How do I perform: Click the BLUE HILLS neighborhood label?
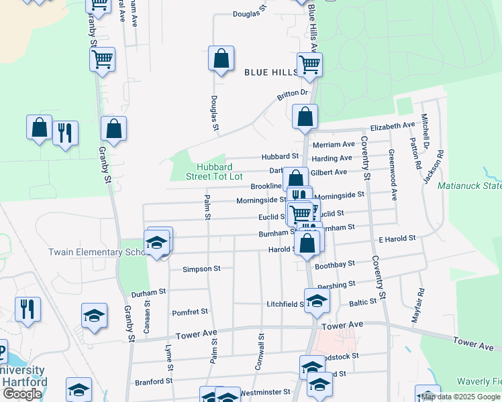270,72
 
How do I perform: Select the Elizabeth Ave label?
393,126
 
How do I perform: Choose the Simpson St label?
201,269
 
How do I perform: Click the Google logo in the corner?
22,394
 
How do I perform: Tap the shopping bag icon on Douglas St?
221,60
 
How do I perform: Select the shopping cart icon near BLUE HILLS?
309,65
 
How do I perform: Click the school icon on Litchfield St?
317,301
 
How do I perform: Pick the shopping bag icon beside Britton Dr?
305,117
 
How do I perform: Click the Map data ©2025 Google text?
461,397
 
